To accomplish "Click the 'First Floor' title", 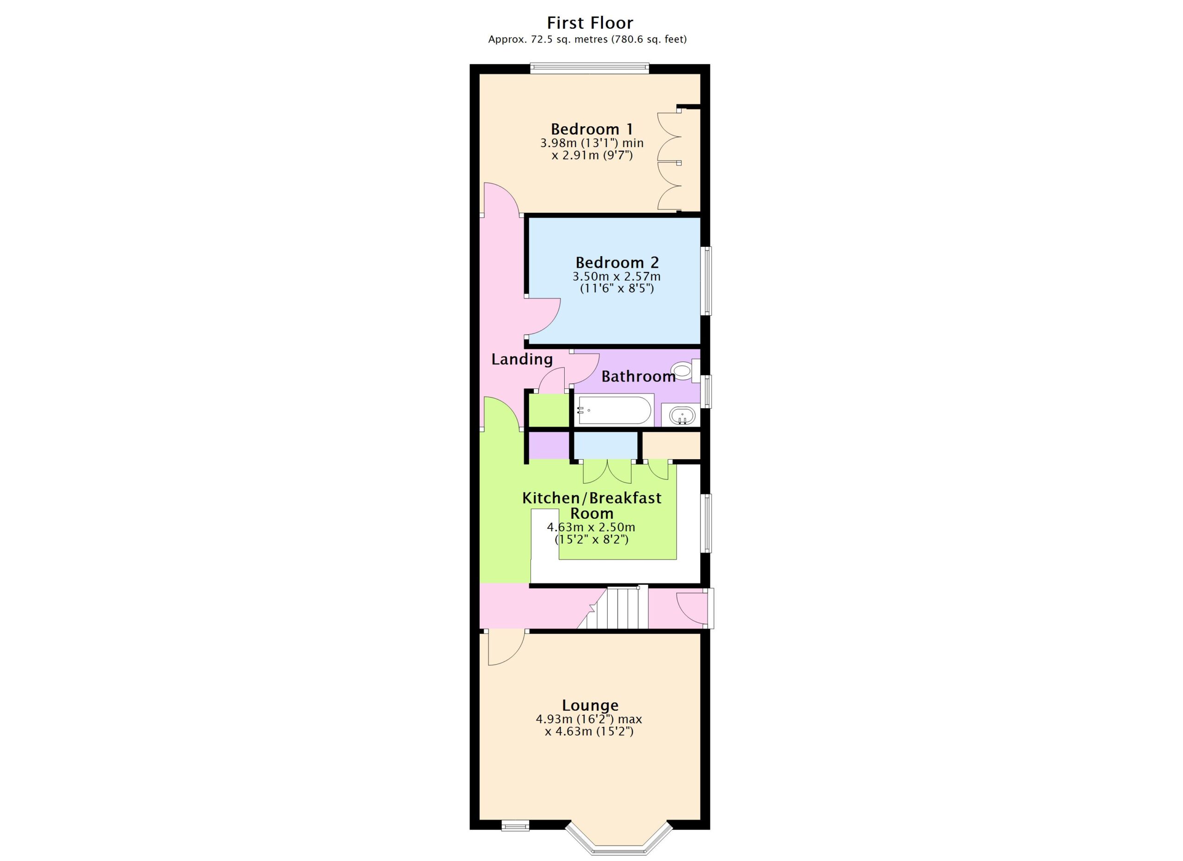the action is (x=590, y=23).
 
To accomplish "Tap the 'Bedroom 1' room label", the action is (x=592, y=129).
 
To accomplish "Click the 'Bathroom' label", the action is (x=639, y=376).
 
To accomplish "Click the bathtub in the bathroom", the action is (x=615, y=410).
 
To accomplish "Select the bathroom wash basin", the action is (x=682, y=416).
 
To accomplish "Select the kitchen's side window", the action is (x=706, y=523).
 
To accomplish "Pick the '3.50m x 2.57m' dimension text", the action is (x=616, y=276).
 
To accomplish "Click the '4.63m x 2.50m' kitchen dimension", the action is (x=591, y=527).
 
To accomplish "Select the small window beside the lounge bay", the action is (x=515, y=825).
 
